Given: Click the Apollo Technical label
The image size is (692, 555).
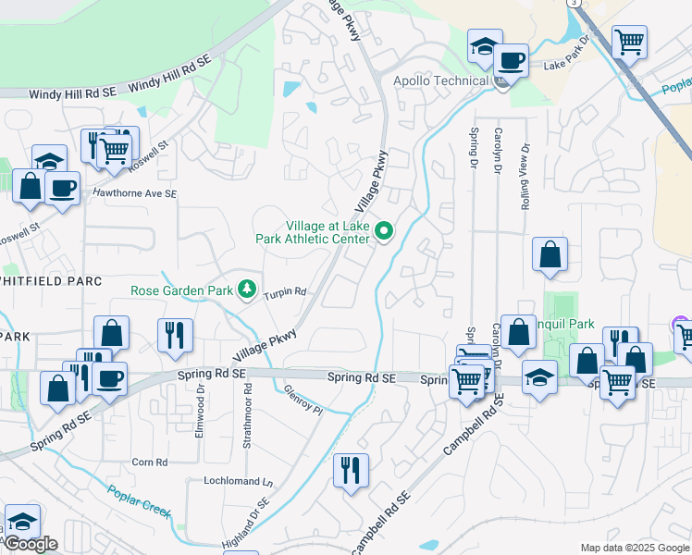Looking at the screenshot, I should [x=440, y=80].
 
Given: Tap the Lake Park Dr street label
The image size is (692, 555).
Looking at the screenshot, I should [x=566, y=65].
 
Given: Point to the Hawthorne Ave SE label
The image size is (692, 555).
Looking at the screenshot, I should [x=134, y=193].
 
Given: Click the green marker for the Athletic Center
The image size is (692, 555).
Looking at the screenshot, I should [x=385, y=231].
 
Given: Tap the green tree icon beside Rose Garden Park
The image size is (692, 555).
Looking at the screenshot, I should [x=246, y=290].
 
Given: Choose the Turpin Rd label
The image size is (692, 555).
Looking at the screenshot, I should [x=284, y=292].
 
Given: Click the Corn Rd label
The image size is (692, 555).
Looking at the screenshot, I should [x=149, y=462].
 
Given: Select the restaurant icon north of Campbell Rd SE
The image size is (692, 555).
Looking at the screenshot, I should [x=351, y=471].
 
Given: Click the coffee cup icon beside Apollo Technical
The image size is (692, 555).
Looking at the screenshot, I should [x=509, y=60].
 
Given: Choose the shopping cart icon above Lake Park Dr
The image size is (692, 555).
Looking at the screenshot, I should [x=629, y=41].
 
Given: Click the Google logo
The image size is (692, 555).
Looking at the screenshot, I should [x=31, y=544].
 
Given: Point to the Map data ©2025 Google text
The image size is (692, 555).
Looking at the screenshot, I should [x=634, y=548].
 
